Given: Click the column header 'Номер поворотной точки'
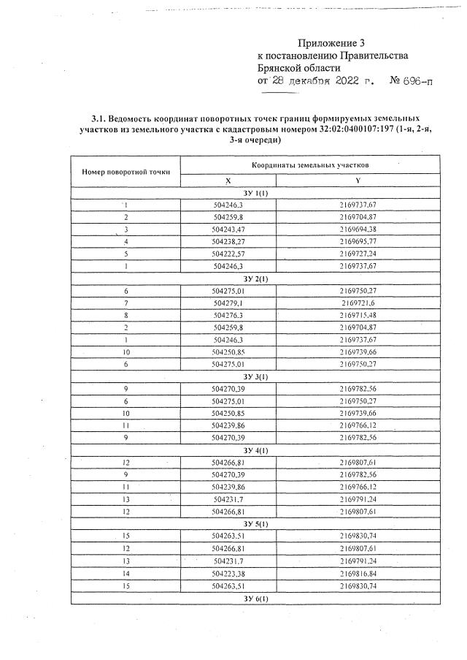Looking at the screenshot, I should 126,172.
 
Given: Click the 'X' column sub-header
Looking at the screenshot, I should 228,181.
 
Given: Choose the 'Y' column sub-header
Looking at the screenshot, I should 358,181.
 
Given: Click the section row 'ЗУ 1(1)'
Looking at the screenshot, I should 255,193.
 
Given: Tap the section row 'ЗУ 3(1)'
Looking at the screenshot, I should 255,376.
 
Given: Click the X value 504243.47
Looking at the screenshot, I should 228,229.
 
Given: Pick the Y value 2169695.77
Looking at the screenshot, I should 358,240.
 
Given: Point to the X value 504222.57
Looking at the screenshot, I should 228,253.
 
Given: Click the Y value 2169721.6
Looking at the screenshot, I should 358,303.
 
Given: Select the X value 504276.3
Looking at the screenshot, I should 228,315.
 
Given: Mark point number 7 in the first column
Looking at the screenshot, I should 126,303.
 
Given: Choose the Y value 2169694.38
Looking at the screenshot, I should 358,229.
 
